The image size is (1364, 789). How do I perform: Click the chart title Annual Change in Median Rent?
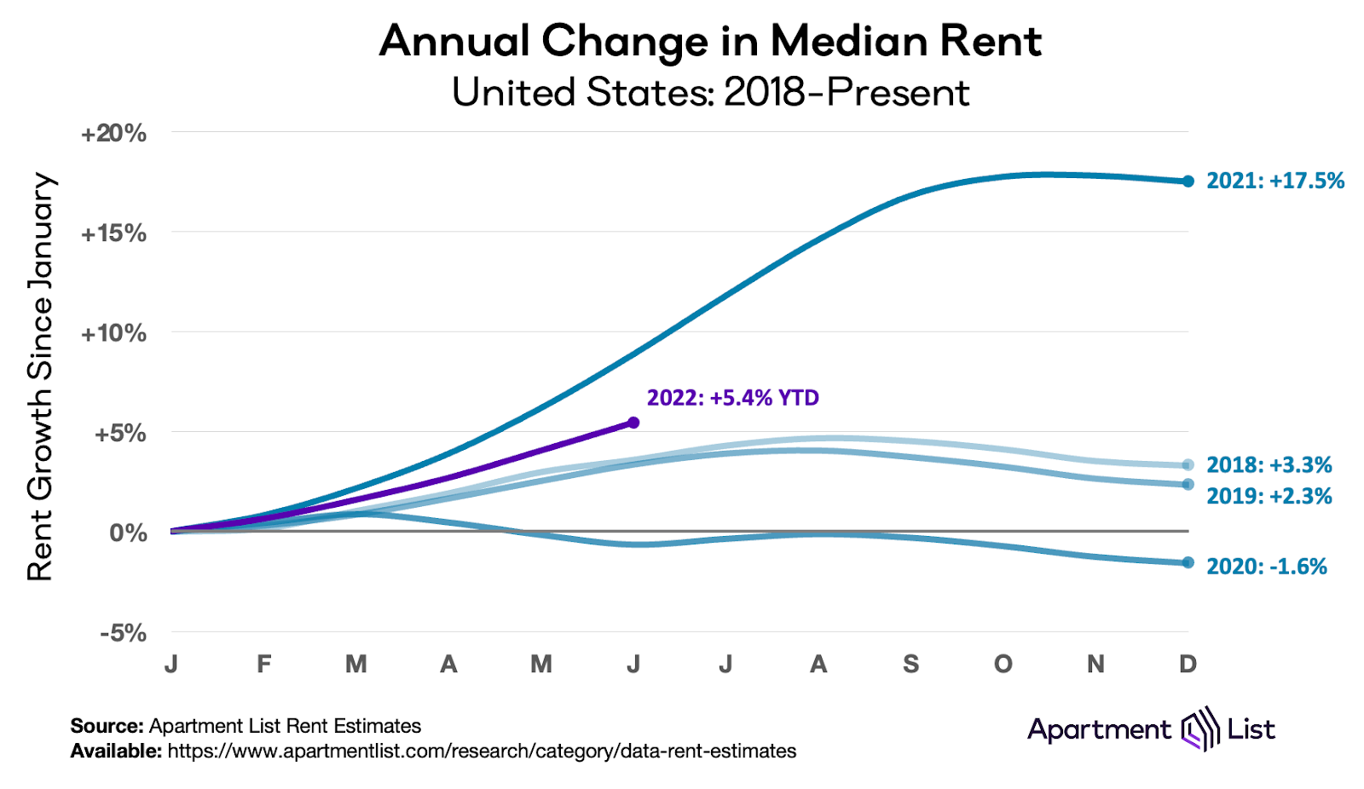click(x=710, y=41)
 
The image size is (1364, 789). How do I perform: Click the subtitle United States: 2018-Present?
click(x=710, y=92)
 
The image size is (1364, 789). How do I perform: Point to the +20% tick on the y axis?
click(x=113, y=134)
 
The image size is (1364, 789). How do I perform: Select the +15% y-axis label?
click(x=113, y=233)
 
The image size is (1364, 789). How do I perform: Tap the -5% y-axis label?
click(x=123, y=633)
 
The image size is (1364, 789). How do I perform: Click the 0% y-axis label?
click(x=128, y=533)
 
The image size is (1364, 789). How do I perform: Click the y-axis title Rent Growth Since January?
click(x=40, y=377)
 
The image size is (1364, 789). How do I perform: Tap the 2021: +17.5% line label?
click(x=1274, y=181)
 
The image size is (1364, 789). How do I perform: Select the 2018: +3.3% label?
click(x=1269, y=464)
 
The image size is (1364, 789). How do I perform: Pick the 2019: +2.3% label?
click(x=1269, y=496)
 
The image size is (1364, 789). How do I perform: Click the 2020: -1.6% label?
click(x=1266, y=567)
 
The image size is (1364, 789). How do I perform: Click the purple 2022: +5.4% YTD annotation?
click(x=732, y=398)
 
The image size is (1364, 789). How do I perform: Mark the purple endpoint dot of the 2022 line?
click(x=633, y=423)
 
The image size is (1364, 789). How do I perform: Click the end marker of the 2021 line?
click(x=1188, y=181)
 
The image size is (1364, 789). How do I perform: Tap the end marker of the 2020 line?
click(x=1188, y=562)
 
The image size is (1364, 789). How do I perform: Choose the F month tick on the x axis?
click(x=264, y=664)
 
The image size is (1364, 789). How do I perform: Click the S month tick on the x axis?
click(x=910, y=664)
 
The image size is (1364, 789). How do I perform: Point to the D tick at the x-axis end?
click(x=1188, y=664)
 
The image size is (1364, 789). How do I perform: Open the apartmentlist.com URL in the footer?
click(x=482, y=752)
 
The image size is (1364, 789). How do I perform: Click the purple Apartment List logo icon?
click(x=1199, y=729)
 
